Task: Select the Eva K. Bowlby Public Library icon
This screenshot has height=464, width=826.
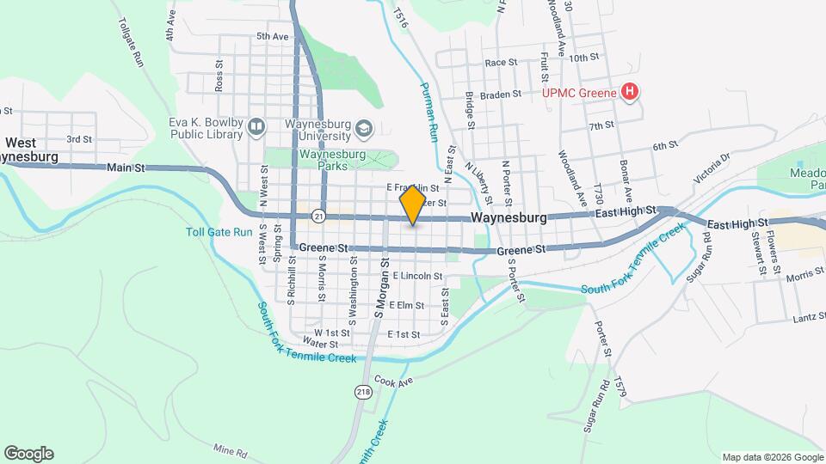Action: [x=255, y=128]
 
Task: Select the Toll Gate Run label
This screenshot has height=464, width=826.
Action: [x=219, y=232]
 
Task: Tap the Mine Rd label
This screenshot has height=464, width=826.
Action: [x=230, y=451]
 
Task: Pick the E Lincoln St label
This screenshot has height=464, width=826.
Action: [x=416, y=277]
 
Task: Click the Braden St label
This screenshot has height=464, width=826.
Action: [x=501, y=95]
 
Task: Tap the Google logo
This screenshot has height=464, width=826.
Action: [x=28, y=454]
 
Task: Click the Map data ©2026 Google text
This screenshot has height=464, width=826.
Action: [x=771, y=457]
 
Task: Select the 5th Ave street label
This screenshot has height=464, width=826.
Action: [x=272, y=37]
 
